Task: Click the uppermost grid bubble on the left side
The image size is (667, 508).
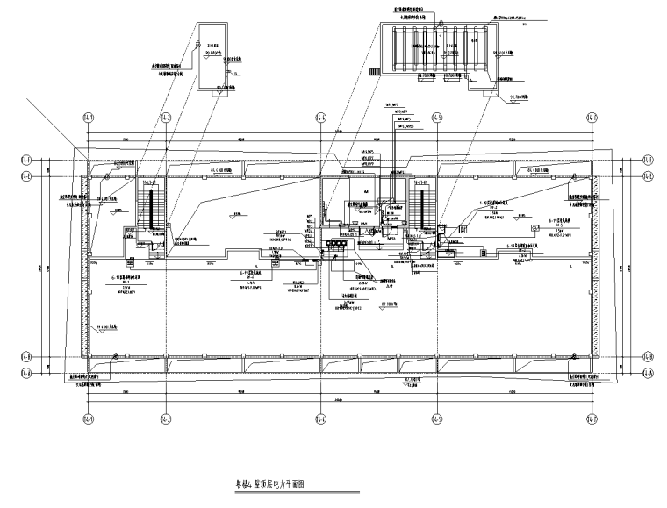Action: click(x=26, y=160)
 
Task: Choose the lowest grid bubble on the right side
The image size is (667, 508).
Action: click(x=648, y=372)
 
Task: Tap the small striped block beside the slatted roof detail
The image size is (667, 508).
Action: click(x=375, y=71)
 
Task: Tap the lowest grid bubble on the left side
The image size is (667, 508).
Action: click(x=26, y=372)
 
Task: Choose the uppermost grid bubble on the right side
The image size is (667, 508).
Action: click(x=648, y=160)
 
